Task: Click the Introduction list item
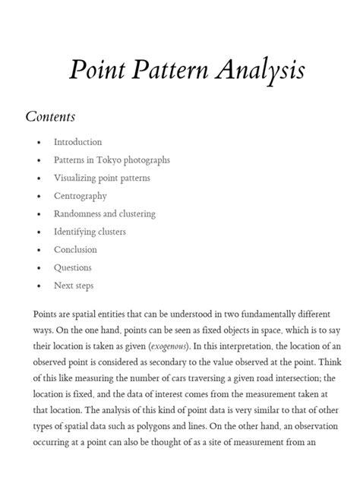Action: pyautogui.click(x=77, y=142)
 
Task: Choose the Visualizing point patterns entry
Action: pyautogui.click(x=102, y=178)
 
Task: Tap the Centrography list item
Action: pyautogui.click(x=80, y=196)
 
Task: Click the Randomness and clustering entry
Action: pyautogui.click(x=104, y=214)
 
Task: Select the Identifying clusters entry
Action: pyautogui.click(x=90, y=232)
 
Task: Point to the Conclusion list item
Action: pyautogui.click(x=75, y=250)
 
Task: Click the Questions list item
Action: pyautogui.click(x=72, y=267)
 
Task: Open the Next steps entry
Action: pyautogui.click(x=74, y=286)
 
